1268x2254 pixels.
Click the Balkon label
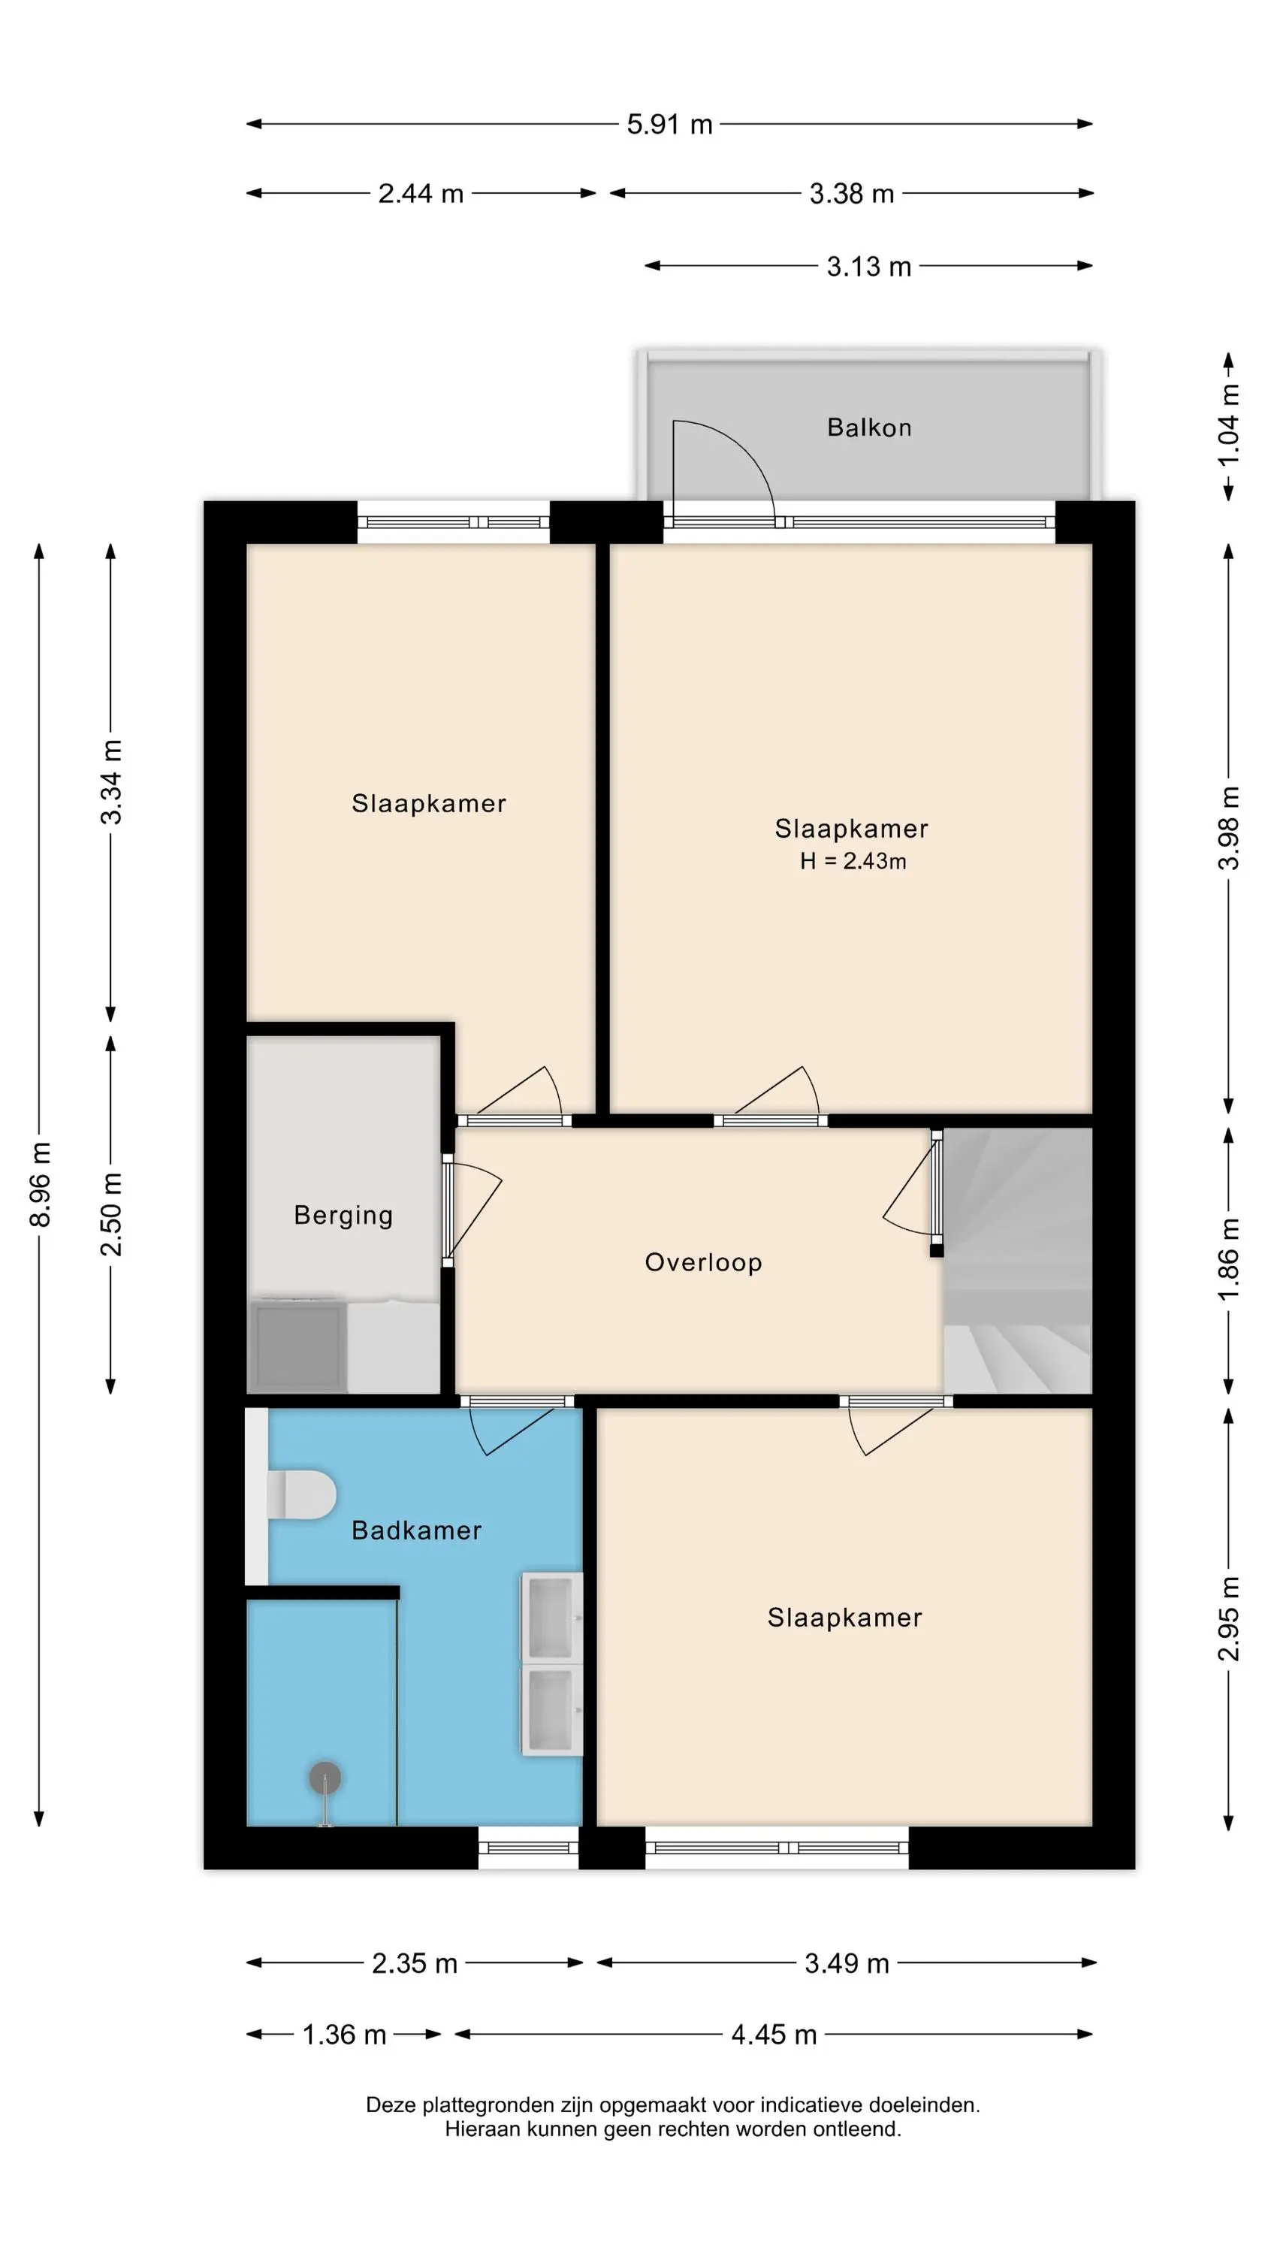pyautogui.click(x=869, y=427)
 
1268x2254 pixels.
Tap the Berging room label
pyautogui.click(x=343, y=1216)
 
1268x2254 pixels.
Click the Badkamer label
pyautogui.click(x=417, y=1530)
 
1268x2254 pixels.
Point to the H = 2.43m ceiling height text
pyautogui.click(x=853, y=861)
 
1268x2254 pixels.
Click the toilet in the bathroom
pyautogui.click(x=300, y=1494)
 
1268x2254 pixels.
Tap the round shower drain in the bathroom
pyautogui.click(x=325, y=1777)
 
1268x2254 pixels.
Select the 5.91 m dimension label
pyautogui.click(x=669, y=124)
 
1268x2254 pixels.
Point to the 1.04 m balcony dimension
pyautogui.click(x=1229, y=425)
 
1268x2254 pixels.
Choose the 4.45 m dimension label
pyautogui.click(x=774, y=2035)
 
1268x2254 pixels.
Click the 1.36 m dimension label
pyautogui.click(x=344, y=2035)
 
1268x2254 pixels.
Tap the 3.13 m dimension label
pyautogui.click(x=869, y=266)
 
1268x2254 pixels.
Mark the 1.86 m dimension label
pyautogui.click(x=1229, y=1259)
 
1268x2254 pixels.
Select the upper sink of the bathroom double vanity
pyautogui.click(x=551, y=1617)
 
